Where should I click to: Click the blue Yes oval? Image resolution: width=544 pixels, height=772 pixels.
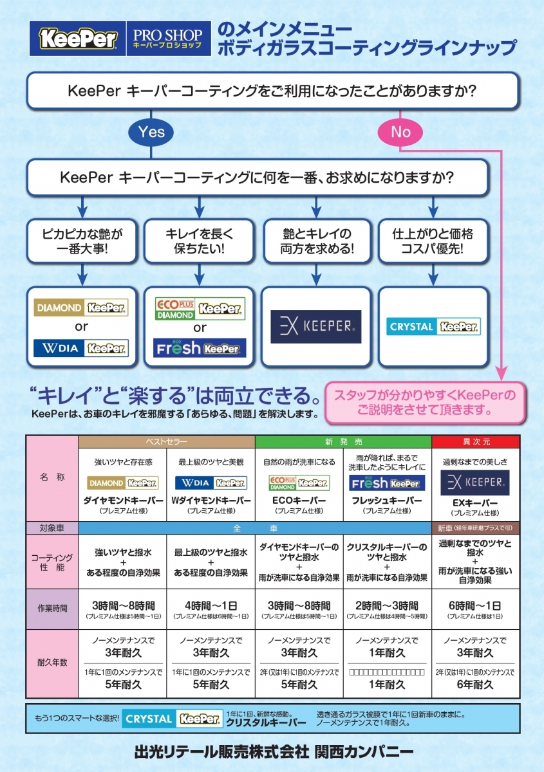[x=152, y=133]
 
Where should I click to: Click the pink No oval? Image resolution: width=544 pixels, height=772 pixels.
[x=400, y=133]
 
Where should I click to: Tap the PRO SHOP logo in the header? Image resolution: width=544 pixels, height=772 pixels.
[x=167, y=39]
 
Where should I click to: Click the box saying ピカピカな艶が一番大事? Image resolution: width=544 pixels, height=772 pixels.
[x=81, y=240]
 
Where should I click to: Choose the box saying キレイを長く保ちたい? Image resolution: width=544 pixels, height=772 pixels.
[x=199, y=240]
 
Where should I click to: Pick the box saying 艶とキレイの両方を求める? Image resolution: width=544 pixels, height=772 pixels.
[x=317, y=240]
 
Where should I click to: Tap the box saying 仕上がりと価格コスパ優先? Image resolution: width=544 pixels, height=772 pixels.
[x=433, y=240]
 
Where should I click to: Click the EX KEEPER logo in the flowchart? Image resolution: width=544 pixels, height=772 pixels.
[x=316, y=327]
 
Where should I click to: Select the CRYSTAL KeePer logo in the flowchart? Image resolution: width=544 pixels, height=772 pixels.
[x=433, y=326]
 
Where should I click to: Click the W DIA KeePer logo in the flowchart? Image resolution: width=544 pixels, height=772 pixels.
[x=81, y=348]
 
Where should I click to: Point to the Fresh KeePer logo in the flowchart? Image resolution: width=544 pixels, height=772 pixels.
[x=199, y=349]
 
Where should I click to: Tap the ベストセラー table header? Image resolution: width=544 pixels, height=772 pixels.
[x=167, y=442]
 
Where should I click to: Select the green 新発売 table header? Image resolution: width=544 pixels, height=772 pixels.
[x=343, y=442]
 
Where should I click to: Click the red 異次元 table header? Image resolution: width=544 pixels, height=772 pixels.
[x=475, y=442]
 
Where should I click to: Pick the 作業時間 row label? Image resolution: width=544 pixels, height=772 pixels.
[x=52, y=607]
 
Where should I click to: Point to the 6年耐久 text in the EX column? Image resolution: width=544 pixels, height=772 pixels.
[x=475, y=685]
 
